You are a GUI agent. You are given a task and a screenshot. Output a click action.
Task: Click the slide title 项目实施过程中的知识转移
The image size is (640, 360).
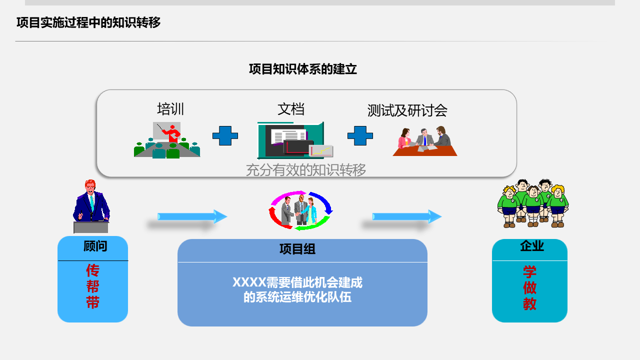(88, 22)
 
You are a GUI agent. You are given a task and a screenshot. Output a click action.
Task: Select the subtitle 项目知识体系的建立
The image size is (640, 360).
(303, 69)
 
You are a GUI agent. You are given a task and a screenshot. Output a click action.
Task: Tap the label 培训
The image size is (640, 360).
(170, 109)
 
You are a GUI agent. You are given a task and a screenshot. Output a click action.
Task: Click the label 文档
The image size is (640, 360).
(291, 109)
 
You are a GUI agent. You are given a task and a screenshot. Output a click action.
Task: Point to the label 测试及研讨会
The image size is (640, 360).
(407, 110)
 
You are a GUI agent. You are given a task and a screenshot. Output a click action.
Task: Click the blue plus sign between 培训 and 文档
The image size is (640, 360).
(225, 135)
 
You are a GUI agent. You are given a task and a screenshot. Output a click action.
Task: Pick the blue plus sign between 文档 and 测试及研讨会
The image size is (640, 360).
(360, 135)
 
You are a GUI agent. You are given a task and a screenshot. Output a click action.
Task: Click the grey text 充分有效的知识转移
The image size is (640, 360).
(306, 170)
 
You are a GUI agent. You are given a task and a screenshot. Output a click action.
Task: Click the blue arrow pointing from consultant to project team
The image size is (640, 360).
(192, 216)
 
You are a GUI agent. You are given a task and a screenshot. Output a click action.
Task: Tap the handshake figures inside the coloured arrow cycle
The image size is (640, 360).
(300, 210)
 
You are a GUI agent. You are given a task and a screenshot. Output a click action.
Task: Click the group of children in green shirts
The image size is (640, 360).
(532, 203)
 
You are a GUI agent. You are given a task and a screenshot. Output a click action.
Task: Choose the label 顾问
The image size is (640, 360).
(95, 246)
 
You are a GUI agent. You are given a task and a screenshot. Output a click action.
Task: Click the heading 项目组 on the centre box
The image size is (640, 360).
(297, 249)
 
